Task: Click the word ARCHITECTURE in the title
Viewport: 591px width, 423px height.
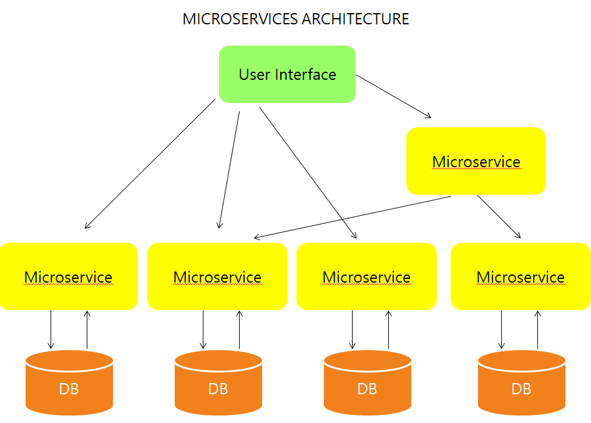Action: coord(355,19)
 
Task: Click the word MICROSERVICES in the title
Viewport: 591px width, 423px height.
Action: coord(240,19)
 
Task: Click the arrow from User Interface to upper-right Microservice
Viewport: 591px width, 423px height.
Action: coord(393,96)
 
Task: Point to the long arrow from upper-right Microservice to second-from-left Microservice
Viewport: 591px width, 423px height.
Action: coord(353,217)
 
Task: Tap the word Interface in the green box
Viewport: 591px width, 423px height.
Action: coord(306,75)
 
